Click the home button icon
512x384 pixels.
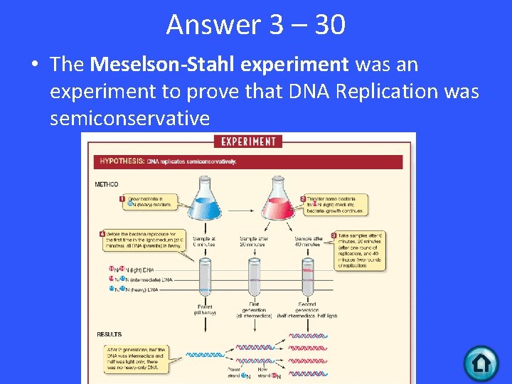point(481,363)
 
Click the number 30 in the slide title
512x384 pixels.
point(329,25)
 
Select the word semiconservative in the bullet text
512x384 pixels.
point(129,118)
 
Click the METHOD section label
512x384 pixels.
point(107,185)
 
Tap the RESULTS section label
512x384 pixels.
point(109,334)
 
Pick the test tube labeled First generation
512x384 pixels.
point(255,280)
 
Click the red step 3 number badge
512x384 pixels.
point(334,235)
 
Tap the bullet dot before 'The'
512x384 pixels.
point(34,65)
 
